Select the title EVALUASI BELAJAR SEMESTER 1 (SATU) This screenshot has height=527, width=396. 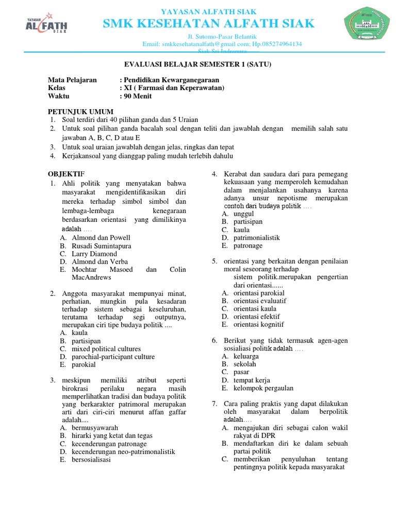click(198, 64)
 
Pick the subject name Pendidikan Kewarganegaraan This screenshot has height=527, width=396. click(171, 80)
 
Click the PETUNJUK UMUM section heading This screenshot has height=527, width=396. click(81, 112)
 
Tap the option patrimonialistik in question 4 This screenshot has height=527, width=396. click(256, 238)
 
